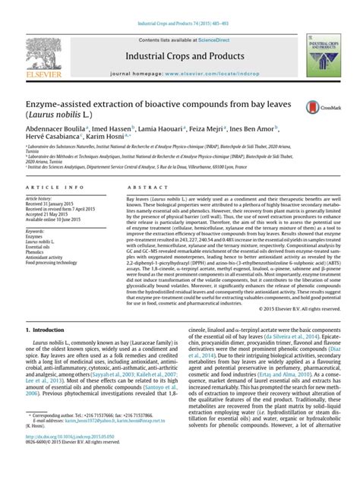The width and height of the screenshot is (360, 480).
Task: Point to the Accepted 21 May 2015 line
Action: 47,214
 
